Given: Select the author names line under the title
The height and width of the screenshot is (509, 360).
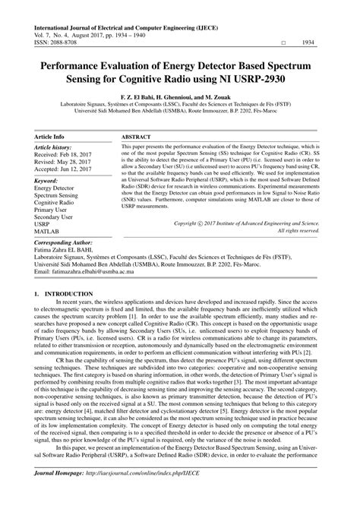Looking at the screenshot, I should (x=179, y=96).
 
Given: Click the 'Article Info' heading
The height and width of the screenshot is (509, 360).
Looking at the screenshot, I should (x=49, y=136).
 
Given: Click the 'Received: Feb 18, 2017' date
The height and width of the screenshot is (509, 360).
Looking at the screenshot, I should (x=65, y=156).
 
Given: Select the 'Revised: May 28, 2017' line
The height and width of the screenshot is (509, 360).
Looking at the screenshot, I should (x=66, y=165).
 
